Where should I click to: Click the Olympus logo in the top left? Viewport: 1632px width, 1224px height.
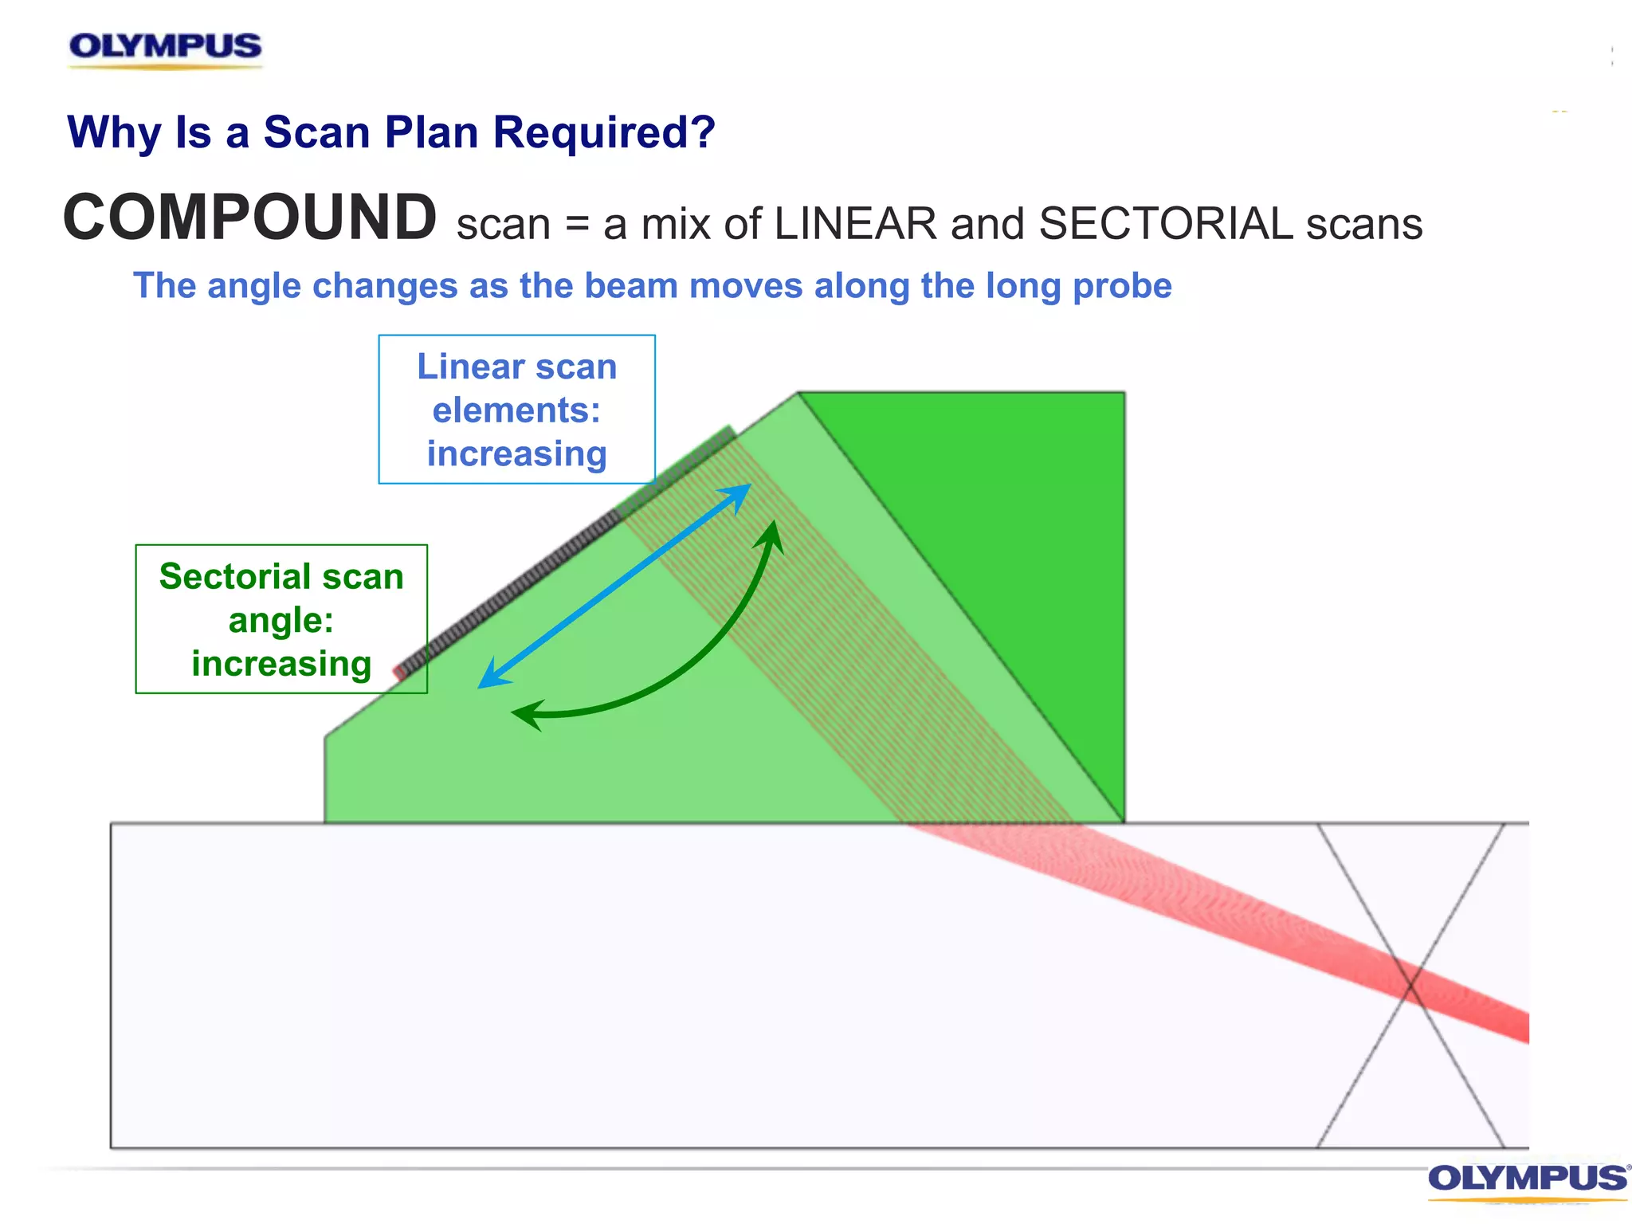(x=165, y=47)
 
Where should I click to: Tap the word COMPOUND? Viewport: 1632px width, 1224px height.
(x=249, y=218)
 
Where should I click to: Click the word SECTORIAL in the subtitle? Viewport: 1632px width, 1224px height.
(x=1165, y=224)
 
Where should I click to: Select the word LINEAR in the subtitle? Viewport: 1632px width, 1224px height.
(x=855, y=224)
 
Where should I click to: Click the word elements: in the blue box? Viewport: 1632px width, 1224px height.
(x=516, y=410)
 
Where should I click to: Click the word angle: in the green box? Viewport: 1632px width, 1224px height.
(x=280, y=620)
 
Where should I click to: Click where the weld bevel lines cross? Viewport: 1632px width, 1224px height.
(x=1410, y=986)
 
